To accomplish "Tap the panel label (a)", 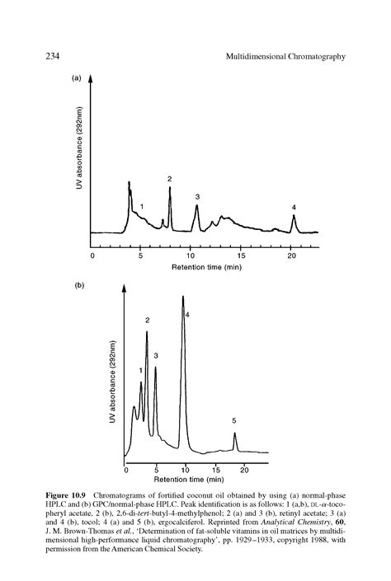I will tap(77, 79).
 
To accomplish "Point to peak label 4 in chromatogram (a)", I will tap(294, 206).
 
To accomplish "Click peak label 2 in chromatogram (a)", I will tap(169, 178).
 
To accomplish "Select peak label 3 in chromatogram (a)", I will tap(197, 196).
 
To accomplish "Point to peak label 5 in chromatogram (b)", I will tap(234, 421).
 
